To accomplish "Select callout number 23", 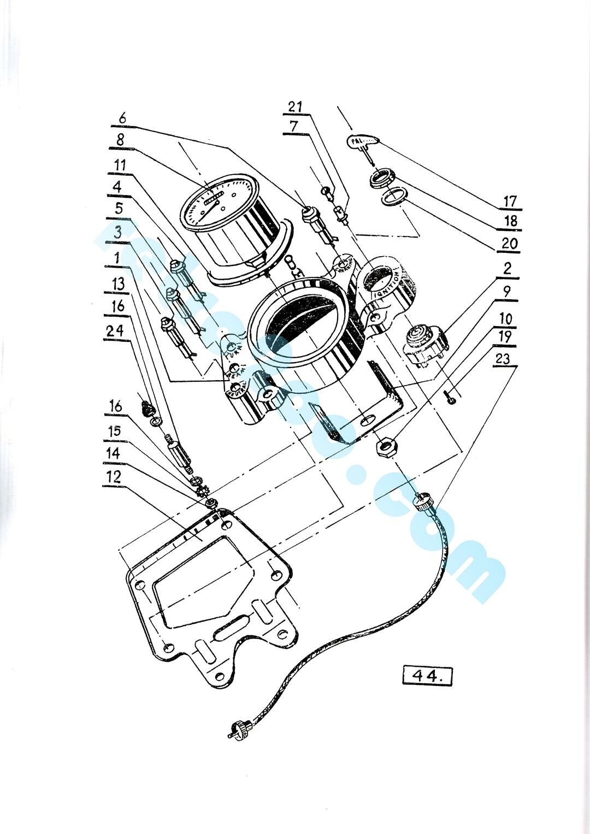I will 504,358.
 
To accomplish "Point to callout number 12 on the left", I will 114,477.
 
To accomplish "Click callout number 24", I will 115,330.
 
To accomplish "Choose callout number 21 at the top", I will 295,107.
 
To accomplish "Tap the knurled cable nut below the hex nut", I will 423,500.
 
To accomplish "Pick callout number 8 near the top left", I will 120,140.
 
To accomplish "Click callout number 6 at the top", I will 122,117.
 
